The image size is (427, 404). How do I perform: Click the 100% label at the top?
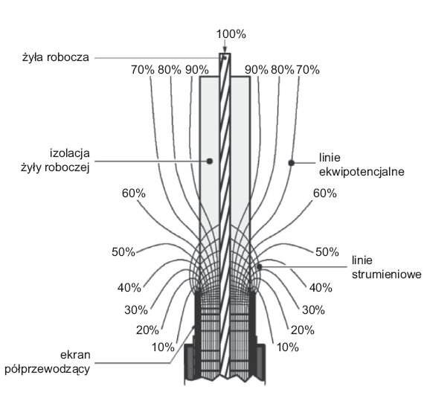pyautogui.click(x=231, y=35)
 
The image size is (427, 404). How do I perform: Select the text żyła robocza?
pyautogui.click(x=56, y=58)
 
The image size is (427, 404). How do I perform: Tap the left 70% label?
pyautogui.click(x=143, y=70)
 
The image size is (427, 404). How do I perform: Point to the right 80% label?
pyautogui.click(x=283, y=70)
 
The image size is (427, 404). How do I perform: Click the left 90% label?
pyautogui.click(x=197, y=70)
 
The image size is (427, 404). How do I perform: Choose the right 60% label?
pyautogui.click(x=325, y=193)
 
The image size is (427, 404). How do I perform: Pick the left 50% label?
pyautogui.click(x=123, y=252)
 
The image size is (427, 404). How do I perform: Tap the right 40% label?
pyautogui.click(x=321, y=288)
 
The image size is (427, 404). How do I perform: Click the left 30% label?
pyautogui.click(x=136, y=310)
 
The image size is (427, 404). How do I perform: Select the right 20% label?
pyautogui.click(x=303, y=330)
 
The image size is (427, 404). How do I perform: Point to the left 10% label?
pyautogui.click(x=163, y=347)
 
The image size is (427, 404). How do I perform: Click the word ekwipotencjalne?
pyautogui.click(x=362, y=172)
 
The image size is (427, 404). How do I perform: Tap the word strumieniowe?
pyautogui.click(x=387, y=275)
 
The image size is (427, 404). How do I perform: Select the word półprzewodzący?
pyautogui.click(x=48, y=370)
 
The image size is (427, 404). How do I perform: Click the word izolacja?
pyautogui.click(x=70, y=153)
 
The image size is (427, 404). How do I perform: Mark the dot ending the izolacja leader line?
pyautogui.click(x=210, y=161)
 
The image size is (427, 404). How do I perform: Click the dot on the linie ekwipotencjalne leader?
pyautogui.click(x=292, y=163)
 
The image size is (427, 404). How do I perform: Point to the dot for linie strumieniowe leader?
pyautogui.click(x=259, y=267)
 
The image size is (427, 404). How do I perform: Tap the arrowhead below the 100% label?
pyautogui.click(x=225, y=50)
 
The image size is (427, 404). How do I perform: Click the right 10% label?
pyautogui.click(x=288, y=347)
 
